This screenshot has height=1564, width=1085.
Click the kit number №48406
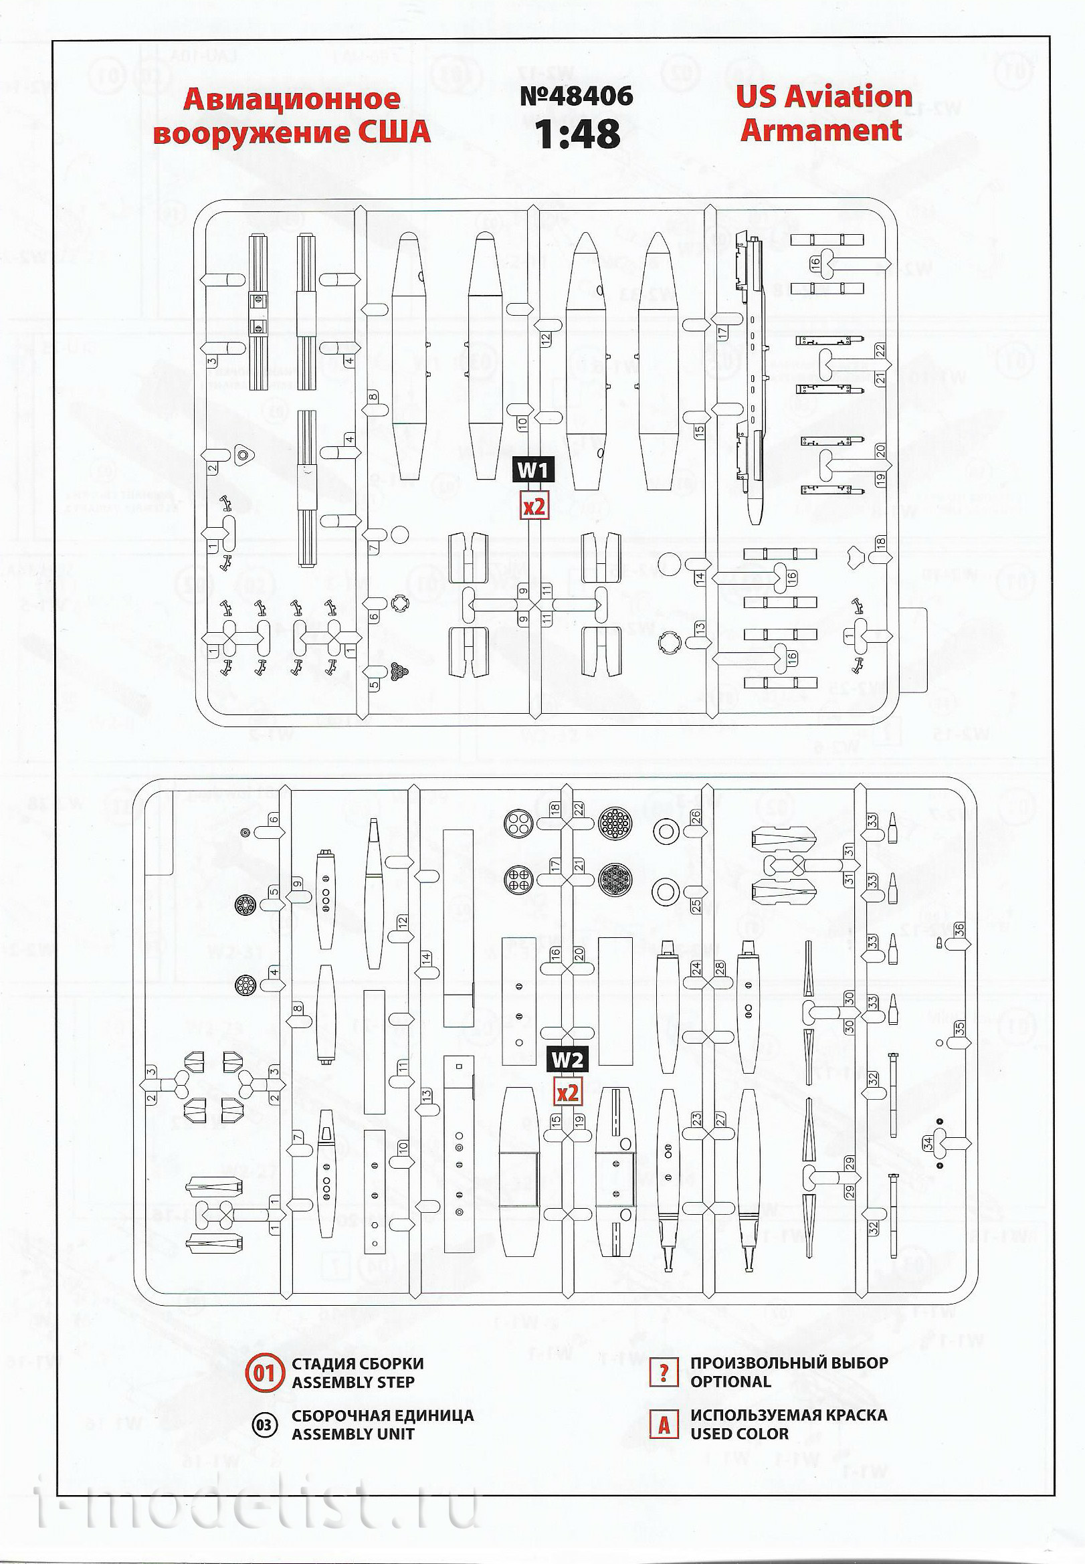tap(577, 96)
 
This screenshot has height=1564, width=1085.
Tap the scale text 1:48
tap(577, 134)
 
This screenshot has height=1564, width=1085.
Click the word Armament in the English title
tap(821, 130)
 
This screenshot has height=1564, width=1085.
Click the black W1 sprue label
tap(533, 470)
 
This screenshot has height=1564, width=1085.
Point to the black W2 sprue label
tap(567, 1060)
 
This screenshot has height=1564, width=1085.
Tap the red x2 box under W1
tap(534, 506)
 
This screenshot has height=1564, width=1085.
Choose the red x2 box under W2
tap(567, 1092)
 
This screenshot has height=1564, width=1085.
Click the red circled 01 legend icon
tap(264, 1372)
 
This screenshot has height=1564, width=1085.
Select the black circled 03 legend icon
tap(264, 1425)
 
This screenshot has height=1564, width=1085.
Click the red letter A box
tap(664, 1425)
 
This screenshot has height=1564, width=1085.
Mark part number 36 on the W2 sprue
tap(959, 929)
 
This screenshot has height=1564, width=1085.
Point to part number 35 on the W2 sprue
tap(959, 1028)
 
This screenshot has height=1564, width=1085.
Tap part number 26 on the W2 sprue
tap(696, 816)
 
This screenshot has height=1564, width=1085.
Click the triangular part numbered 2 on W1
tap(243, 456)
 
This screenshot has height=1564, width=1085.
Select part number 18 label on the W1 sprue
tap(881, 543)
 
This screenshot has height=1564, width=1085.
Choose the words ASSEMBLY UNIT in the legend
tap(353, 1434)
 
